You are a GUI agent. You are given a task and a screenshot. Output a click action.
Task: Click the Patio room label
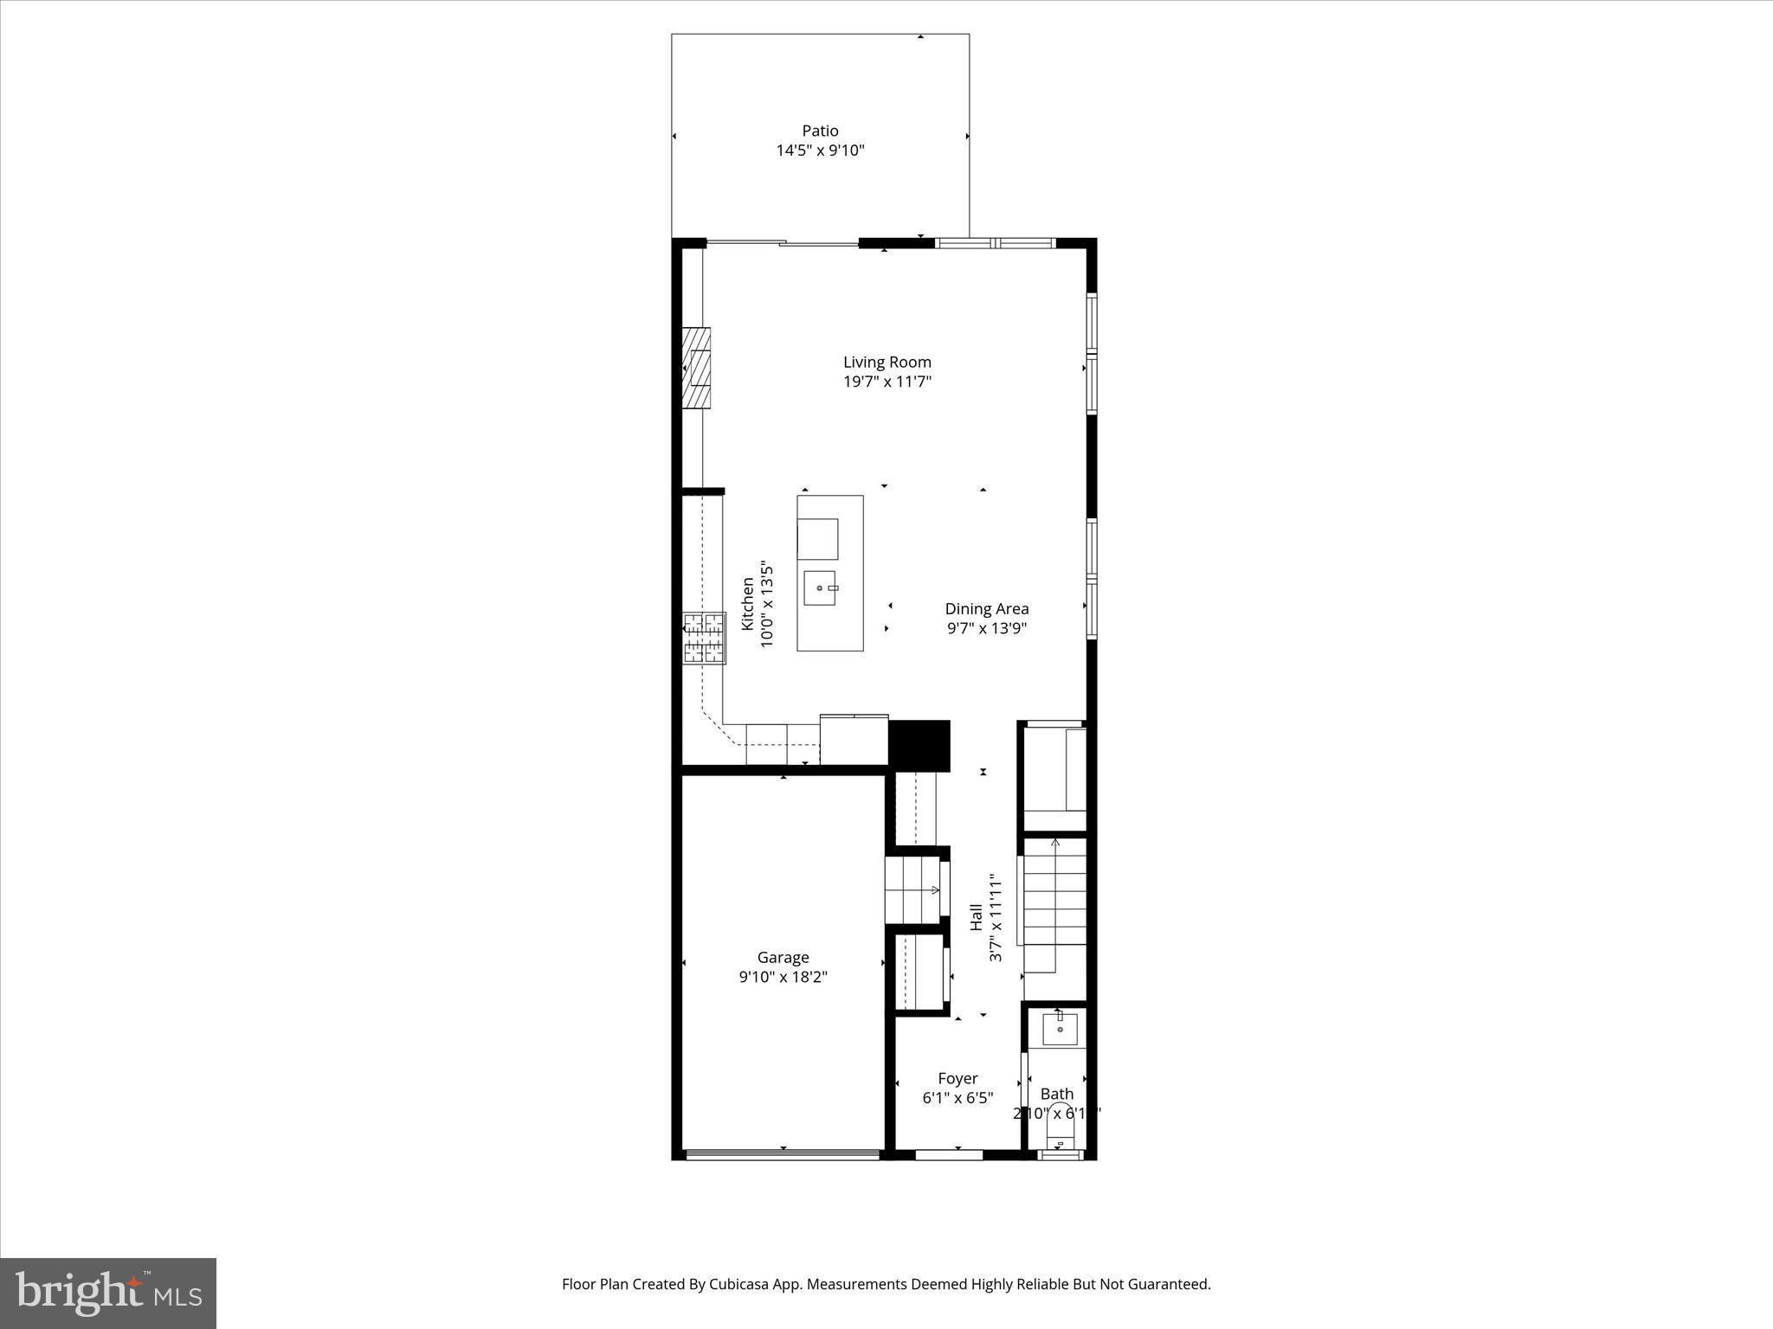820,131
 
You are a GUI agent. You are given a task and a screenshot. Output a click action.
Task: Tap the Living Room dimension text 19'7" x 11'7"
887,382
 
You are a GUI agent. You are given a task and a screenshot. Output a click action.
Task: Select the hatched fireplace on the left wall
696,368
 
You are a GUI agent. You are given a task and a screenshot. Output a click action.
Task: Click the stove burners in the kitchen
704,639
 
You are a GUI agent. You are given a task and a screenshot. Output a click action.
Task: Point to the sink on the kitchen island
820,588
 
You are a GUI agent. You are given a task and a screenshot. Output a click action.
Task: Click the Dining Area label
987,608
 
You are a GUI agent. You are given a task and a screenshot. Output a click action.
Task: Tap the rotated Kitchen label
748,604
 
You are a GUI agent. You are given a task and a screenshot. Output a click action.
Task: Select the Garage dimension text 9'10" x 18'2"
783,977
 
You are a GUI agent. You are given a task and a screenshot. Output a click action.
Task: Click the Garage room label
783,957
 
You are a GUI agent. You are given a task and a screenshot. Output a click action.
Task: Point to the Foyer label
957,1078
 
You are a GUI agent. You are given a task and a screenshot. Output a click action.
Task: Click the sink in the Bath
1060,1030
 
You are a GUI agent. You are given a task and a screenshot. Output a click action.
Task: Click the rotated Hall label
977,917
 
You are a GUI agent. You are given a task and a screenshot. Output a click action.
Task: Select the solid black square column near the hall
919,745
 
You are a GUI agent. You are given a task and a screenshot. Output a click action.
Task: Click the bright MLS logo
108,1294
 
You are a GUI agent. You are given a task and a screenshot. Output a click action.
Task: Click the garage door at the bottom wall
782,1153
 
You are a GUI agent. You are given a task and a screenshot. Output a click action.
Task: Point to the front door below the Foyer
949,1153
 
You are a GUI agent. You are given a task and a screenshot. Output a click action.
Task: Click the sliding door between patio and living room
783,244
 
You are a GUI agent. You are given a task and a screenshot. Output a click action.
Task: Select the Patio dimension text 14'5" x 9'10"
820,151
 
